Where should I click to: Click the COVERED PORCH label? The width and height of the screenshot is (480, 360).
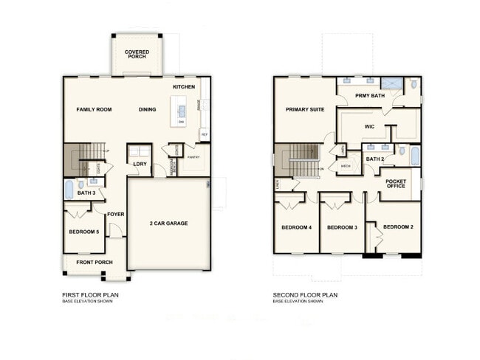click(137, 55)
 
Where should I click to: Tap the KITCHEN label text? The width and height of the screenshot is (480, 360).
click(184, 87)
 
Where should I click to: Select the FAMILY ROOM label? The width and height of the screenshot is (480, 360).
click(94, 110)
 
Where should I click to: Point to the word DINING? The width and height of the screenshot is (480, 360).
click(147, 110)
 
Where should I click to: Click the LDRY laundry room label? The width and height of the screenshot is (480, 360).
click(139, 164)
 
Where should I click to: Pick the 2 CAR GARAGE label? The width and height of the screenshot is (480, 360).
click(168, 222)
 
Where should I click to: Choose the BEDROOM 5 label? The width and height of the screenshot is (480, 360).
click(83, 232)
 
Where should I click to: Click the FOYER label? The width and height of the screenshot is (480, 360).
click(115, 215)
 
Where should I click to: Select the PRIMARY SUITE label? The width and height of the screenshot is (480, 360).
click(305, 110)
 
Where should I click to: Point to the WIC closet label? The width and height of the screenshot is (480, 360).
click(370, 126)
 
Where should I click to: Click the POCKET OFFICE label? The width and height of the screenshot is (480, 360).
click(397, 184)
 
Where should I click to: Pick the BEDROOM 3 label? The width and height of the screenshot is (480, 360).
click(342, 227)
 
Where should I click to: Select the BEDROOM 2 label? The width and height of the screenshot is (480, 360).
click(398, 226)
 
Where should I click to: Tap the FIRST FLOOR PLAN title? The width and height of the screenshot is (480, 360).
click(90, 294)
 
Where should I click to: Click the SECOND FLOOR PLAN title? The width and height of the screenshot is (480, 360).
click(304, 294)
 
